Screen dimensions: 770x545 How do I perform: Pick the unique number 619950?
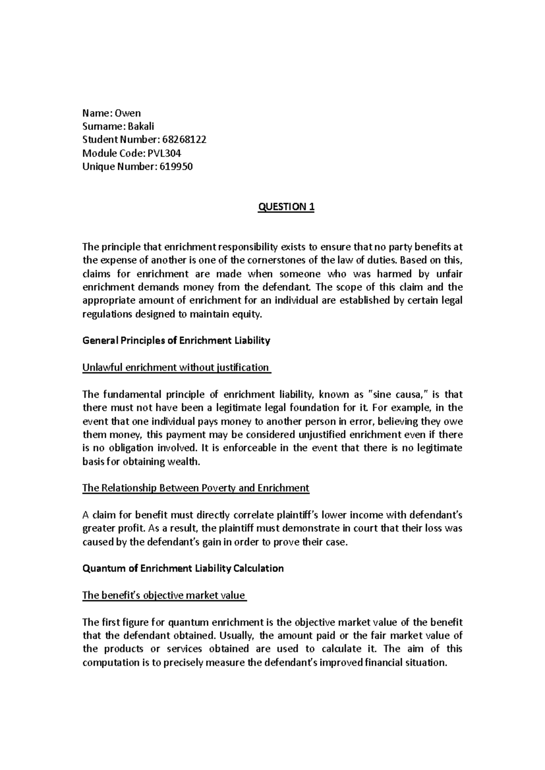pyautogui.click(x=177, y=167)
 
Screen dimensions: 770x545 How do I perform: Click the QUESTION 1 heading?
pyautogui.click(x=286, y=207)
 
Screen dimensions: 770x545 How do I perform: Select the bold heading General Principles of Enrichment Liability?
pyautogui.click(x=176, y=341)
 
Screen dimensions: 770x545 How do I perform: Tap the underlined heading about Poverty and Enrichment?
pyautogui.click(x=195, y=489)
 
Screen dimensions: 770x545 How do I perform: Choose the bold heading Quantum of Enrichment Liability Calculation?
pyautogui.click(x=183, y=568)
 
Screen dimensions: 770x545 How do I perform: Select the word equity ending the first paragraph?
pyautogui.click(x=249, y=314)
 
